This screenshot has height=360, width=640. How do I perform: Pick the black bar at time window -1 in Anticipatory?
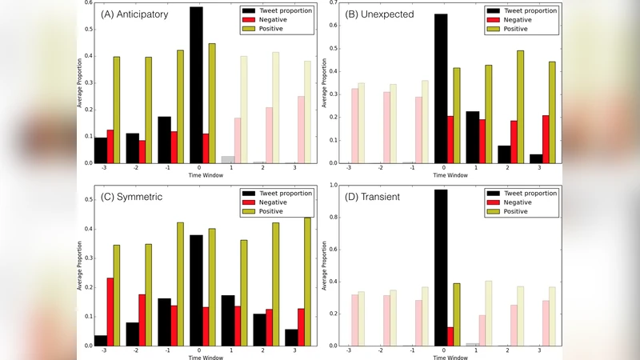(164, 140)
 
